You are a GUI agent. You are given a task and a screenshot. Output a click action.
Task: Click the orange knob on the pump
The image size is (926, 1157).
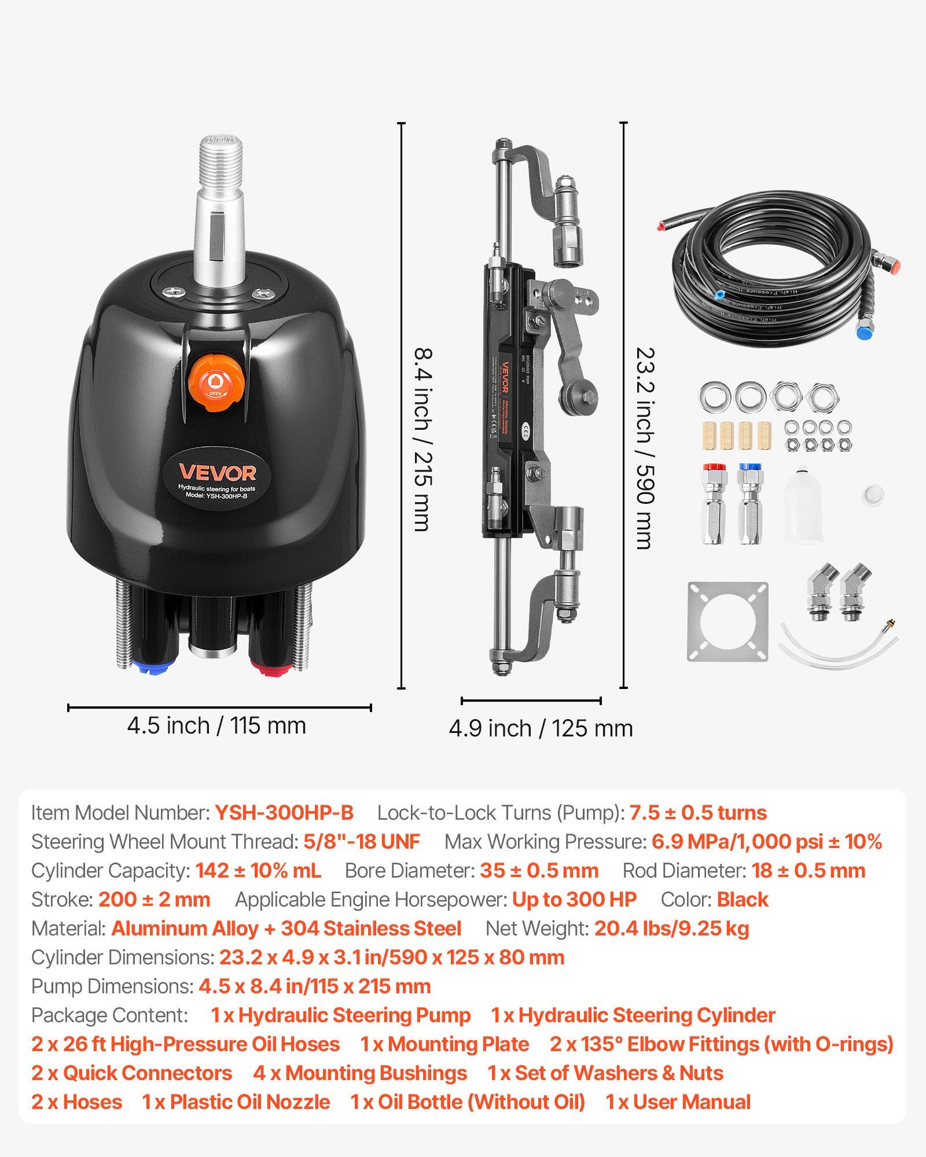pyautogui.click(x=215, y=382)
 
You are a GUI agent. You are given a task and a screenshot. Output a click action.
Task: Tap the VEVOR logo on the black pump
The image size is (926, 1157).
pyautogui.click(x=217, y=473)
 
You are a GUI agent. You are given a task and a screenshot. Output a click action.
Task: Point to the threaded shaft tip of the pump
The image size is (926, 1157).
pyautogui.click(x=222, y=156)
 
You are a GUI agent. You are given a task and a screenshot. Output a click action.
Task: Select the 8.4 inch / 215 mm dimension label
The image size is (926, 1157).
pyautogui.click(x=424, y=440)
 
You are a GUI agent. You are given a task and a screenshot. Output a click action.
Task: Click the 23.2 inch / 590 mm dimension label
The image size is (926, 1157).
pyautogui.click(x=645, y=448)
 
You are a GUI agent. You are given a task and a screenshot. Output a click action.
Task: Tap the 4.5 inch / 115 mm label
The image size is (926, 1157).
pyautogui.click(x=216, y=725)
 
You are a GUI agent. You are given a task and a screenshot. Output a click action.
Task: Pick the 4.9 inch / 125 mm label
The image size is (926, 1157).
pyautogui.click(x=541, y=728)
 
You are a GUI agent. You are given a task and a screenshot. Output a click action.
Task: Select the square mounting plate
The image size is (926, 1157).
pyautogui.click(x=727, y=622)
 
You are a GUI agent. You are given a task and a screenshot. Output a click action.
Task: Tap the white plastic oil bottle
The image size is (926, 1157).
pyautogui.click(x=803, y=506)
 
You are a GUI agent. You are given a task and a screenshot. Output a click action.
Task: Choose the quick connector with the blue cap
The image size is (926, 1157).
pyautogui.click(x=750, y=503)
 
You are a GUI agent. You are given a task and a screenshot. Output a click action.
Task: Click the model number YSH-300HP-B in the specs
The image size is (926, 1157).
pyautogui.click(x=284, y=813)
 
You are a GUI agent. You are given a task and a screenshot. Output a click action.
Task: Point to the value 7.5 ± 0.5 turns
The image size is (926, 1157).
pyautogui.click(x=697, y=813)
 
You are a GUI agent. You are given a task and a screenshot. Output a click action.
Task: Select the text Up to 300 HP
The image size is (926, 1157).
pyautogui.click(x=574, y=900)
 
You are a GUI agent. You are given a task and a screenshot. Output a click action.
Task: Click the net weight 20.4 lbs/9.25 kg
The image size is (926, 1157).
pyautogui.click(x=671, y=928)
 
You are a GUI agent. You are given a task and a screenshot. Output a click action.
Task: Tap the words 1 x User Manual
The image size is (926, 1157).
pyautogui.click(x=678, y=1102)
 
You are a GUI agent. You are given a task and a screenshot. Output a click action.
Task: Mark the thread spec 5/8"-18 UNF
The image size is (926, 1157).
pyautogui.click(x=362, y=842)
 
